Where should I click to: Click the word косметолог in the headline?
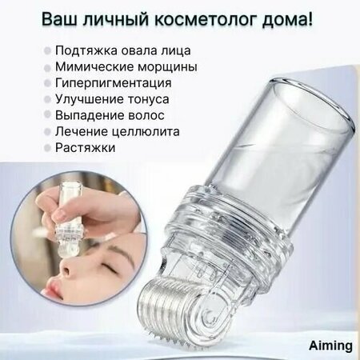pos(205,19)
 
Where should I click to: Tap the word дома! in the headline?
pos(287,19)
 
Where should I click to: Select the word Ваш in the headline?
pos(59,19)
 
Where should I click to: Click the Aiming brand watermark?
pos(330,346)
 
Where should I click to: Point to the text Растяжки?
pos(86,147)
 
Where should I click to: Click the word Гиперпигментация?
pos(114,82)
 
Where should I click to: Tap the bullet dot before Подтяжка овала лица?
pos(47,51)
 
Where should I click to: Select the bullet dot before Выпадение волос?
pos(47,114)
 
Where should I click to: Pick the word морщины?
pos(167,67)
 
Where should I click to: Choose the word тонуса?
pos(148,99)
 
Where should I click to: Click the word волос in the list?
pos(146,115)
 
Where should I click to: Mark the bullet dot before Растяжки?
pos(47,148)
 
